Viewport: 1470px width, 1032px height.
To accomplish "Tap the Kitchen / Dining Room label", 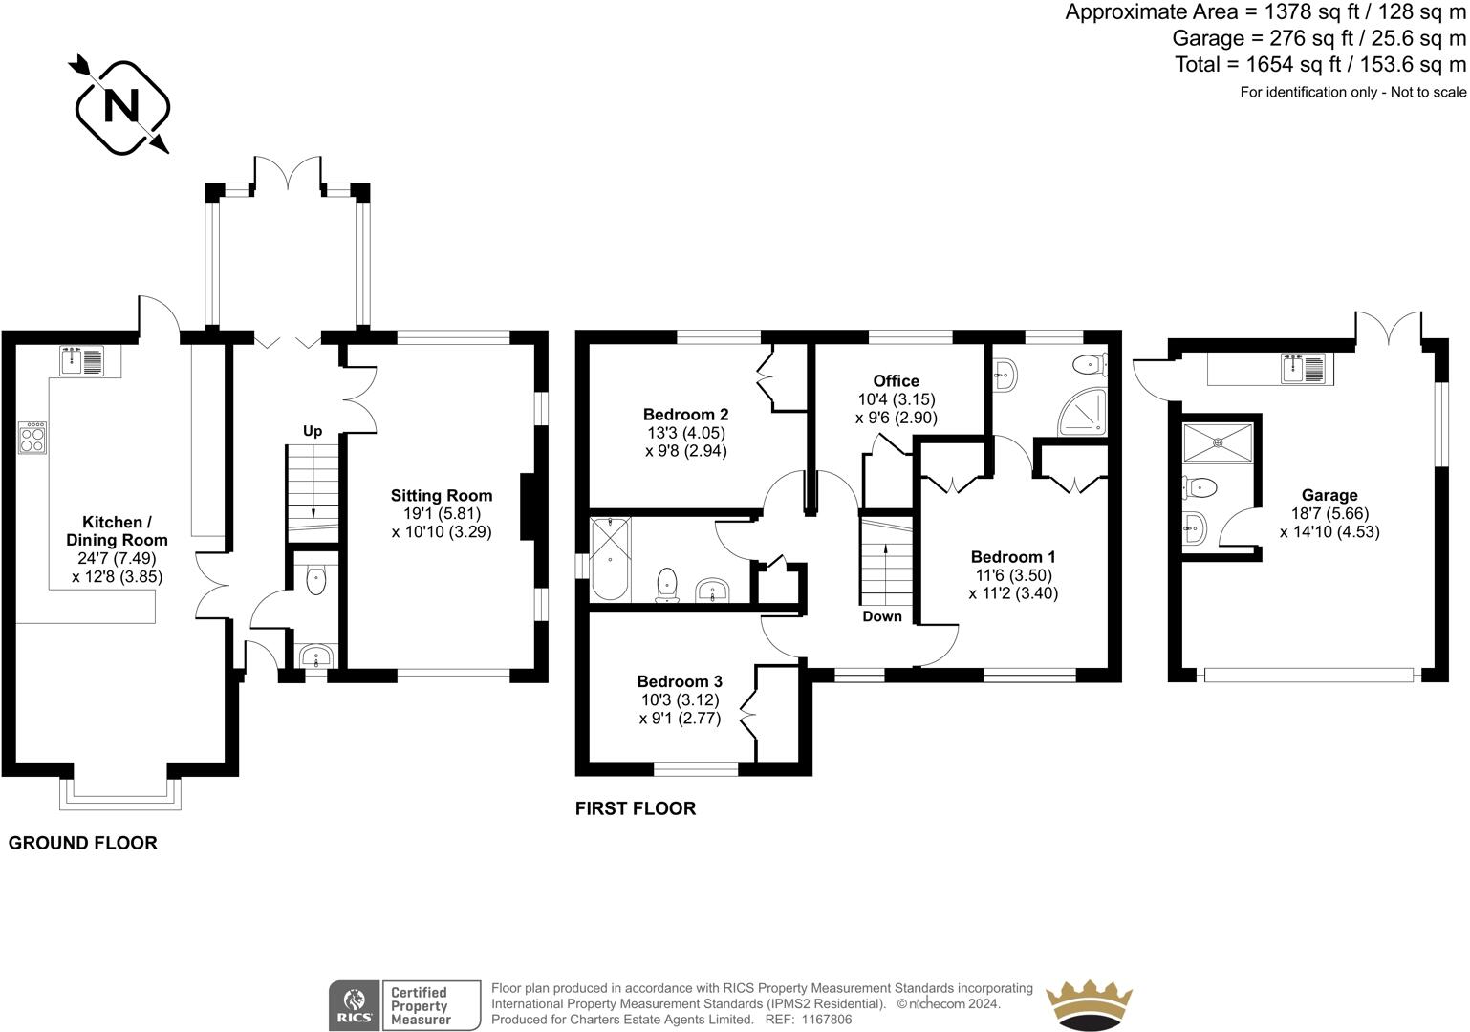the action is (117, 530).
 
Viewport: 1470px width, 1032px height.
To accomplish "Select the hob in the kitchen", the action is (32, 438).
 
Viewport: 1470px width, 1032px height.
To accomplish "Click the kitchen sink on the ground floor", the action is (82, 361).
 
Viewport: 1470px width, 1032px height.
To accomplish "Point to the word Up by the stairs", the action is (313, 431).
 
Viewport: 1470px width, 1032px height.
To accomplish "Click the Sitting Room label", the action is (442, 495).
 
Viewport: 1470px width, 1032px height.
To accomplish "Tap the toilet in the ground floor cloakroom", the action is (315, 579).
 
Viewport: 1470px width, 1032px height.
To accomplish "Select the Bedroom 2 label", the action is (686, 415).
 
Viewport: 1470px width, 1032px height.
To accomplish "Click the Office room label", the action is (896, 380).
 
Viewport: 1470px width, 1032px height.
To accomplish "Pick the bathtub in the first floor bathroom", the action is (611, 559).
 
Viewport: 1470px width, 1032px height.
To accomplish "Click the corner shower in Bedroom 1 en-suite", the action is (1082, 413).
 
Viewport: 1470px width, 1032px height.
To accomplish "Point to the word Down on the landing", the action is (882, 616).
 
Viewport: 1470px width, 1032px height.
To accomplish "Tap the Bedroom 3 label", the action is (680, 681).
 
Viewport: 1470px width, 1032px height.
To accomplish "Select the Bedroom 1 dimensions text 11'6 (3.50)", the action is (1013, 575).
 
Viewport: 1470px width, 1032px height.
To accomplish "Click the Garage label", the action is (1329, 495).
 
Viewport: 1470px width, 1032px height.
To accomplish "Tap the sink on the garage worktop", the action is (1304, 368).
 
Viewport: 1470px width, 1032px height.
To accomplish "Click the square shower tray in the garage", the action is (1218, 442).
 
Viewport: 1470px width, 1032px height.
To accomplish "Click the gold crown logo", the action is (1089, 1005).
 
